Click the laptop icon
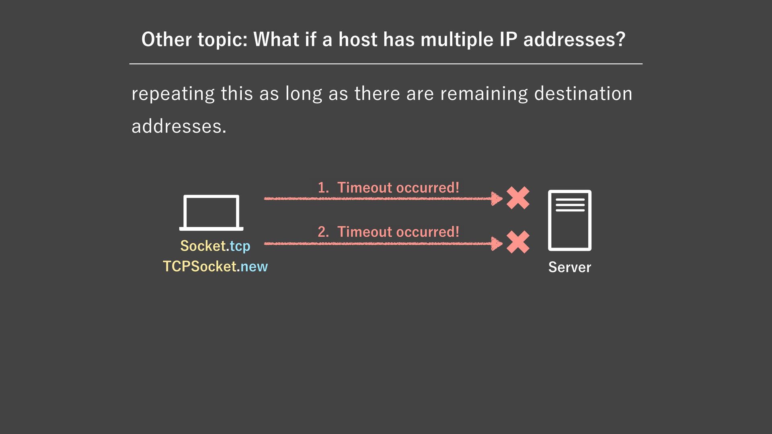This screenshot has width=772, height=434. tap(211, 213)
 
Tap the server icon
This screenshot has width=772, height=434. tap(569, 220)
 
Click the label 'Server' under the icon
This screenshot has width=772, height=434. tap(569, 267)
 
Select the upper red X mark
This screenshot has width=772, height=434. tap(518, 198)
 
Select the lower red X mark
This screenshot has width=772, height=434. tap(518, 242)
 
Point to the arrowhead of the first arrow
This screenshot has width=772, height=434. tap(497, 198)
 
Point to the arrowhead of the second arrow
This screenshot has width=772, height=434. tap(497, 243)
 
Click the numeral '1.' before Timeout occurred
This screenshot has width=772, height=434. tap(323, 188)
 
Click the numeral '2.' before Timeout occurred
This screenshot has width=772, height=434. tap(323, 232)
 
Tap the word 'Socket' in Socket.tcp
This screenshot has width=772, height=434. tap(203, 246)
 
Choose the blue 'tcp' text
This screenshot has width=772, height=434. tap(240, 246)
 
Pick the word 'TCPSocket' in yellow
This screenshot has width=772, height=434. tap(199, 266)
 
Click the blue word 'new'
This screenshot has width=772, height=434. tap(254, 267)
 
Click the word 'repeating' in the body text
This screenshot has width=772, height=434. tap(173, 94)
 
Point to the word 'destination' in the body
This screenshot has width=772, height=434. tap(583, 94)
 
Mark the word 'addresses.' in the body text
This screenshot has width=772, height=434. tap(179, 127)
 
